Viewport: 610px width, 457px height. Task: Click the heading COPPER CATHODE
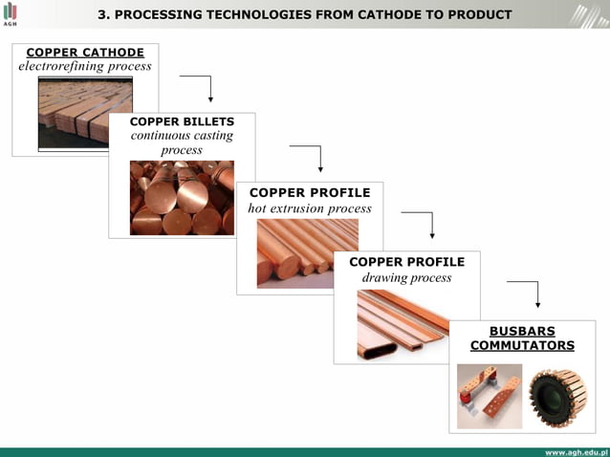pos(85,53)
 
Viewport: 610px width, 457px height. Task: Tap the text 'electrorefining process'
pos(85,67)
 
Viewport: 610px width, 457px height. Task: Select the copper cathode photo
pos(85,113)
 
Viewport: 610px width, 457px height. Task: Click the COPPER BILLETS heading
pos(182,121)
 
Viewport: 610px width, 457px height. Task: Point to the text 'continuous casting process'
pos(182,142)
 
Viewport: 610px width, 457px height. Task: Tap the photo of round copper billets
pos(182,197)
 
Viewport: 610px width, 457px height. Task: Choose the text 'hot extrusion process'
pos(310,207)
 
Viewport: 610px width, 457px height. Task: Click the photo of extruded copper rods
pos(307,252)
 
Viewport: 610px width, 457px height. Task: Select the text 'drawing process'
pos(406,277)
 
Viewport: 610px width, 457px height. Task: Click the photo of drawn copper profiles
pos(403,324)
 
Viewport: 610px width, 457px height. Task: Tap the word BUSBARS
pos(522,331)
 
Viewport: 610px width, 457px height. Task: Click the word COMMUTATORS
pos(522,345)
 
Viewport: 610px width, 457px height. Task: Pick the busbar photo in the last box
pos(490,395)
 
